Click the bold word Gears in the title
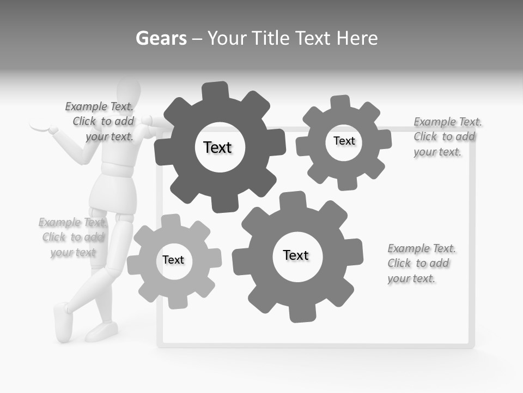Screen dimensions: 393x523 (161, 38)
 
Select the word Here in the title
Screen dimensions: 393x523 (357, 38)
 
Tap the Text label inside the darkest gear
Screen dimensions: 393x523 (217, 147)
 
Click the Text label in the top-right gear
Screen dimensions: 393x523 (344, 141)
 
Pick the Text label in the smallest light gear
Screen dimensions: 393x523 (173, 260)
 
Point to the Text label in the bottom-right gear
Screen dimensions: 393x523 (296, 255)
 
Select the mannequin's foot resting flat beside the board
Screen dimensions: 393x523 (101, 331)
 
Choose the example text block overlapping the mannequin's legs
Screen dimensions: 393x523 (72, 237)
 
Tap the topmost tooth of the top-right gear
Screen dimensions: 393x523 (340, 102)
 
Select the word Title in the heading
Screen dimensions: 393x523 (313, 38)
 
